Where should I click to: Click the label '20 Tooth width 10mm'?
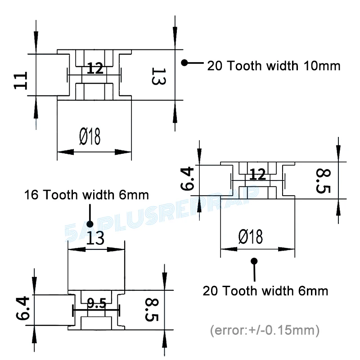point(273,66)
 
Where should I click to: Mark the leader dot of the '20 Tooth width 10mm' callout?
point(184,63)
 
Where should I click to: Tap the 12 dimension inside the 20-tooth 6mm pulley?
point(257,175)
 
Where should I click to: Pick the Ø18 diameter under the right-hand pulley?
point(250,236)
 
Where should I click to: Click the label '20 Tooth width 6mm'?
point(265,291)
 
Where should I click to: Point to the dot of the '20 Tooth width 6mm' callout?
point(254,261)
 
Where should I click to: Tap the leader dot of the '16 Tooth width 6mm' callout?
point(90,224)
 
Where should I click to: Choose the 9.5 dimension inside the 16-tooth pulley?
point(96,304)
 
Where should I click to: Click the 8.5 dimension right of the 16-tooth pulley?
point(152,310)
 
